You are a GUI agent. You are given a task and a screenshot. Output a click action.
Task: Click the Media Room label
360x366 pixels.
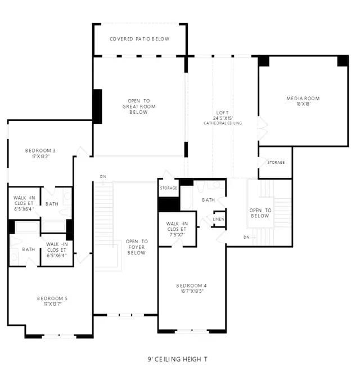[x=303, y=99]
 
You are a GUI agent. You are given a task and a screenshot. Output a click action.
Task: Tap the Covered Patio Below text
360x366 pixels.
[x=139, y=39]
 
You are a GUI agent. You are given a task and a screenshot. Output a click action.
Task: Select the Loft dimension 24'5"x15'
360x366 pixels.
[x=223, y=118]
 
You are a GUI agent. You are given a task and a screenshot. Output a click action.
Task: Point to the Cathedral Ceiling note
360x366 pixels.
[x=223, y=123]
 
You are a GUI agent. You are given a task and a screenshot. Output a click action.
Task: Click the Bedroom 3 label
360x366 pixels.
[x=40, y=150]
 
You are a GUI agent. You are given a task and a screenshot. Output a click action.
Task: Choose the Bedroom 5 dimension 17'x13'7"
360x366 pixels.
[x=53, y=304]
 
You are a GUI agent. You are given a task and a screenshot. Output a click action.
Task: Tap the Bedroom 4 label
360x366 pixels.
[x=191, y=285]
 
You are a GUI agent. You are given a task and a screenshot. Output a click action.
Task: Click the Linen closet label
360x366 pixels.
[x=219, y=219]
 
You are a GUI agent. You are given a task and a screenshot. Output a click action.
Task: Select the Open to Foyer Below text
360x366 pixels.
[x=137, y=247]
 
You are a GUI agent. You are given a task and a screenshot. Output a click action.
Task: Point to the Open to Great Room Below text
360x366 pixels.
[x=139, y=106]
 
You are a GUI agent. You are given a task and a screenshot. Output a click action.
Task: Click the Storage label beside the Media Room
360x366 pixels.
[x=276, y=163]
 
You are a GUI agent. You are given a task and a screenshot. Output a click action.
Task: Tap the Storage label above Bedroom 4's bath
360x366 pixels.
[x=168, y=188]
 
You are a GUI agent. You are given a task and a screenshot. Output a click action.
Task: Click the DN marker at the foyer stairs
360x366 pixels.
[x=103, y=176]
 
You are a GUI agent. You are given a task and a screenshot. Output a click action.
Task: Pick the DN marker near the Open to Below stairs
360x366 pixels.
[x=246, y=237]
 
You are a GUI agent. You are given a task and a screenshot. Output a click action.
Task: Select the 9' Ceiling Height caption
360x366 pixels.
[x=177, y=359]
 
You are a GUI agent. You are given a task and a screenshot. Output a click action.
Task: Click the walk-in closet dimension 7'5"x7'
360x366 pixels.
[x=177, y=235]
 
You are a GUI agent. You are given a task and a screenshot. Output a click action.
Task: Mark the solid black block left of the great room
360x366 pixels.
[x=97, y=106]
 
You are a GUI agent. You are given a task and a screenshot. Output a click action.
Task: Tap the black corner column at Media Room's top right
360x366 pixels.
[x=343, y=61]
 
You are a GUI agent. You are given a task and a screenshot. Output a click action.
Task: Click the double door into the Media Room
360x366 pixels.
[x=263, y=129]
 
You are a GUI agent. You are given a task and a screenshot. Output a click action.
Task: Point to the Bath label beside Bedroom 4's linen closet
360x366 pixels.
[x=209, y=200]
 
